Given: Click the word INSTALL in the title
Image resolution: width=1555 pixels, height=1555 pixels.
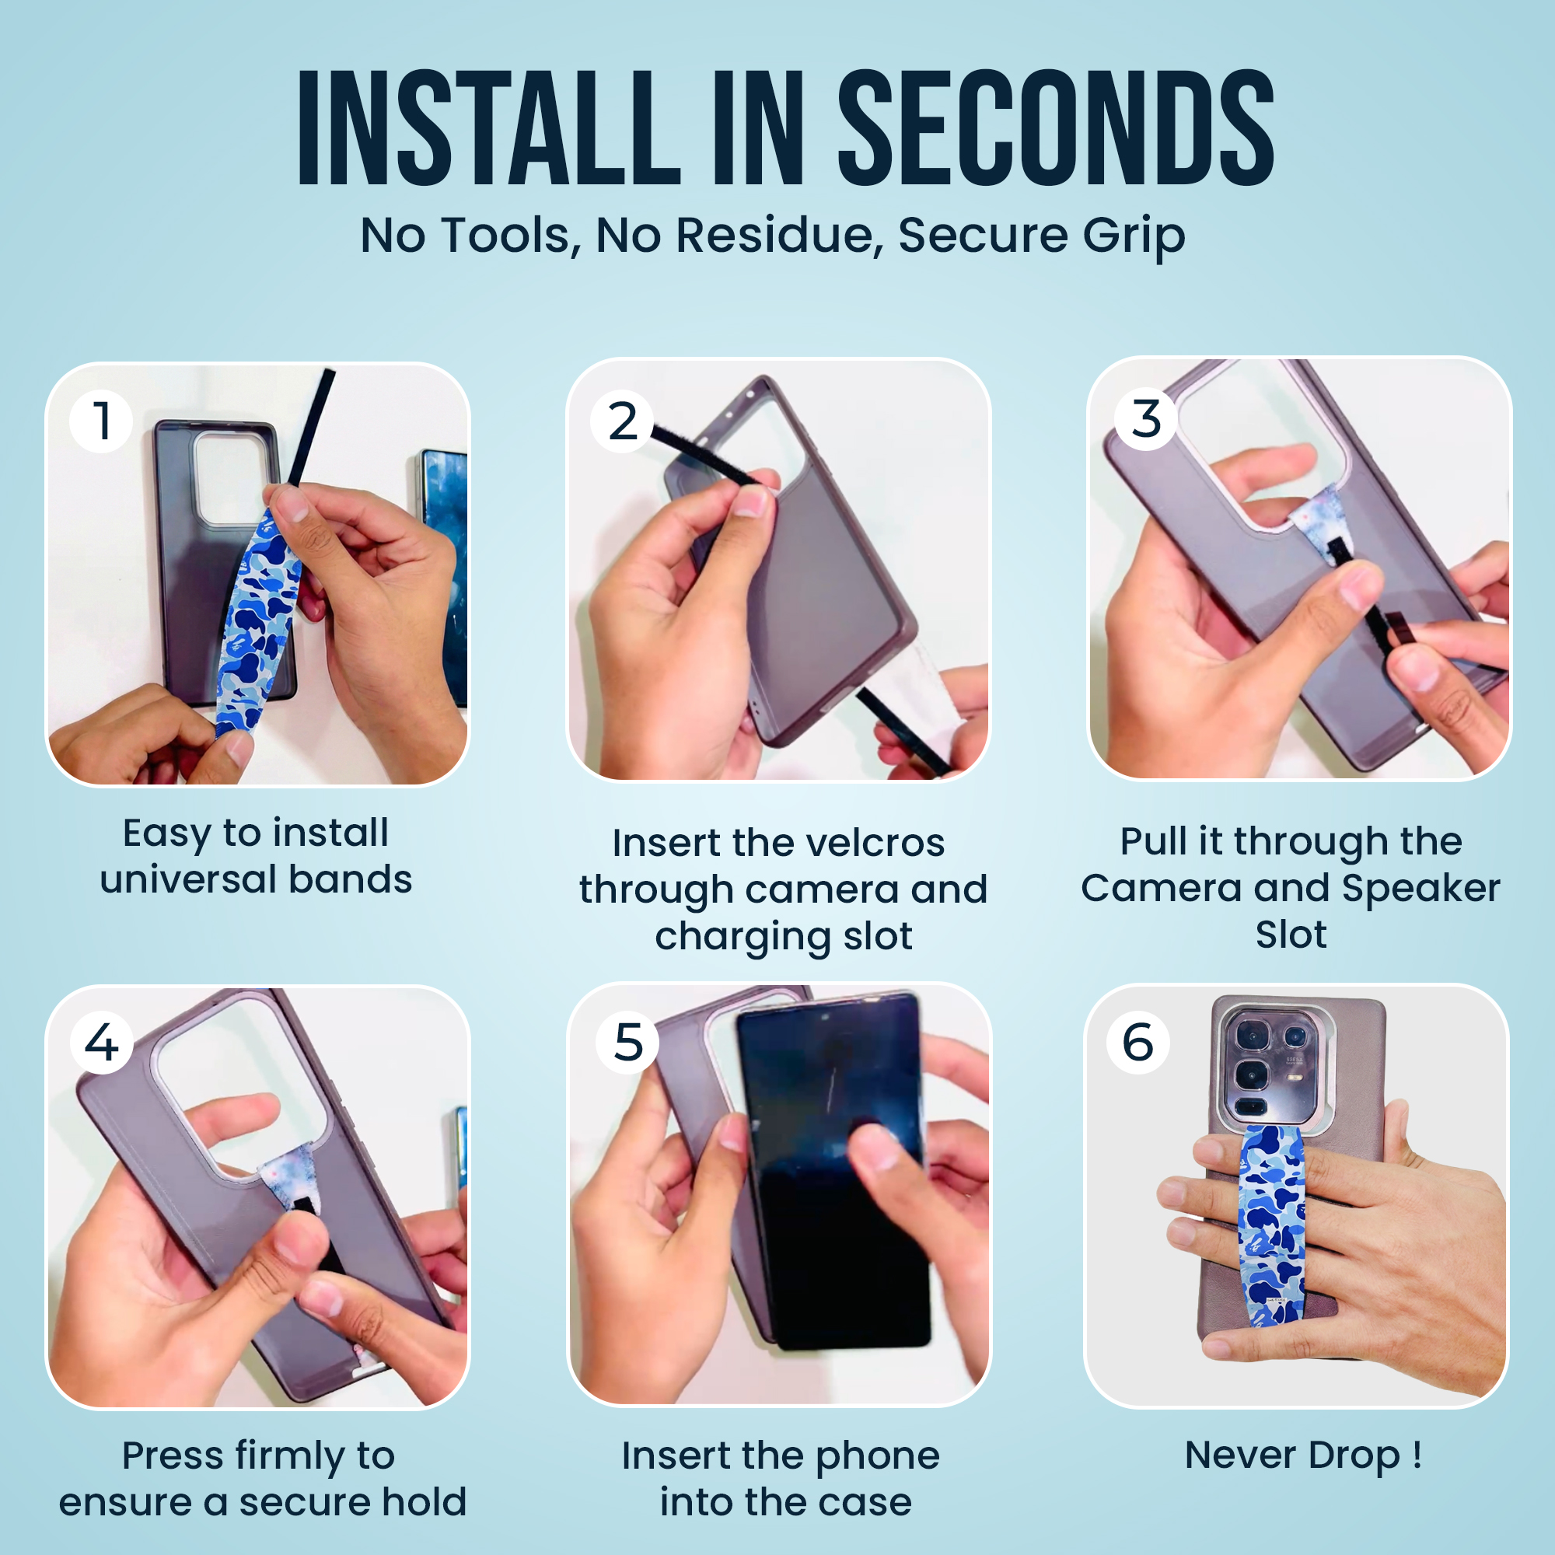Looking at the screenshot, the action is coord(489,128).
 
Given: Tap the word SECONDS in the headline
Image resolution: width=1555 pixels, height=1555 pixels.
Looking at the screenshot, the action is coord(1056,128).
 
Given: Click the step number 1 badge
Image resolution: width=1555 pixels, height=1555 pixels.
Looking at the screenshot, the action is coord(101,421).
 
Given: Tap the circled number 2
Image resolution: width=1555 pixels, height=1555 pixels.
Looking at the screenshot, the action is coord(622,421).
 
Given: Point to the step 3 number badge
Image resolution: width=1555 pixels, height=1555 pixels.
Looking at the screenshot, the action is coord(1146,419).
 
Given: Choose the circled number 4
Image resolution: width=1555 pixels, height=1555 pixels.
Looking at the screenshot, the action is coord(101,1042).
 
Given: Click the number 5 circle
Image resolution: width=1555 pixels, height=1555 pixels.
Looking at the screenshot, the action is coord(627,1043).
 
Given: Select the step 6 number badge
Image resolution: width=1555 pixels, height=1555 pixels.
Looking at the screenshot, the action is coord(1138,1043).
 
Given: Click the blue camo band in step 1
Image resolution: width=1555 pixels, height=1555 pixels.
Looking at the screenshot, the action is coord(257,620).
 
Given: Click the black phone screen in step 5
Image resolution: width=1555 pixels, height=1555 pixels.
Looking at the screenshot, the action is coord(833,1171).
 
